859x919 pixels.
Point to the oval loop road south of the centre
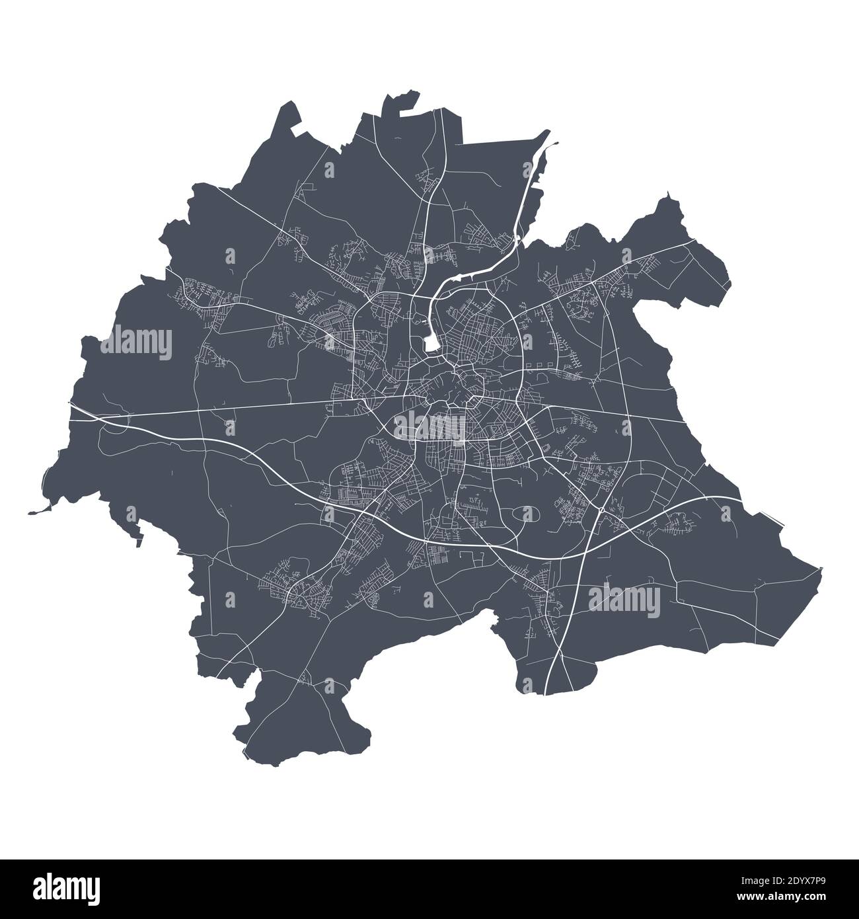(x=526, y=514)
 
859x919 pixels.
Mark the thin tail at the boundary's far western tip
(x=33, y=511)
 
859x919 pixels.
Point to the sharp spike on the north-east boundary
(x=668, y=194)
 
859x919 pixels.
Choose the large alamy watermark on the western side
(x=136, y=344)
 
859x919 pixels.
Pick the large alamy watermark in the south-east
(x=624, y=598)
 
